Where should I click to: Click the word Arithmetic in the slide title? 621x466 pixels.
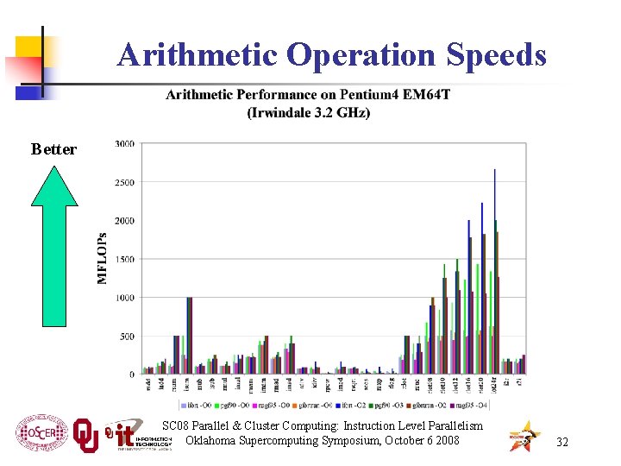coord(198,55)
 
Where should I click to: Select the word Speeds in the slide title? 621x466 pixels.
coord(496,55)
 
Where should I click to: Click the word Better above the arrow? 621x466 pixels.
coord(53,149)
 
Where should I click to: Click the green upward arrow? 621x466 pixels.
coord(54,245)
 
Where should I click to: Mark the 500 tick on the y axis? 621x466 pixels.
coord(127,336)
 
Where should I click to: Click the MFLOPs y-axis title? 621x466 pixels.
coord(103,257)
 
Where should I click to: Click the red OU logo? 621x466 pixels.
coord(85,433)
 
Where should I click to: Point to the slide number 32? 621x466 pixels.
coord(562,442)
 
